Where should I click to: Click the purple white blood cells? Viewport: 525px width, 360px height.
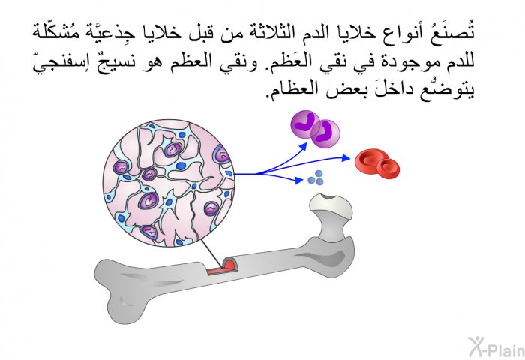click(315, 129)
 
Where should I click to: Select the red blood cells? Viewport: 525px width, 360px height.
click(377, 163)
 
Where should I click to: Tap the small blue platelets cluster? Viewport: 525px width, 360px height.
click(316, 178)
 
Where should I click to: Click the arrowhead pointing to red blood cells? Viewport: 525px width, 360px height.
click(346, 158)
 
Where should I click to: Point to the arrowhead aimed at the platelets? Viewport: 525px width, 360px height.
click(299, 181)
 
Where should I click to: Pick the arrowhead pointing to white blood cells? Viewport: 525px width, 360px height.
click(303, 147)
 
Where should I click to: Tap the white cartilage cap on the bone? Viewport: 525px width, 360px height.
click(331, 203)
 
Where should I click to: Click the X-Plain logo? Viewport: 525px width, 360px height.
click(496, 347)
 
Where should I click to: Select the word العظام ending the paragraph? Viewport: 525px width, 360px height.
click(290, 90)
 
